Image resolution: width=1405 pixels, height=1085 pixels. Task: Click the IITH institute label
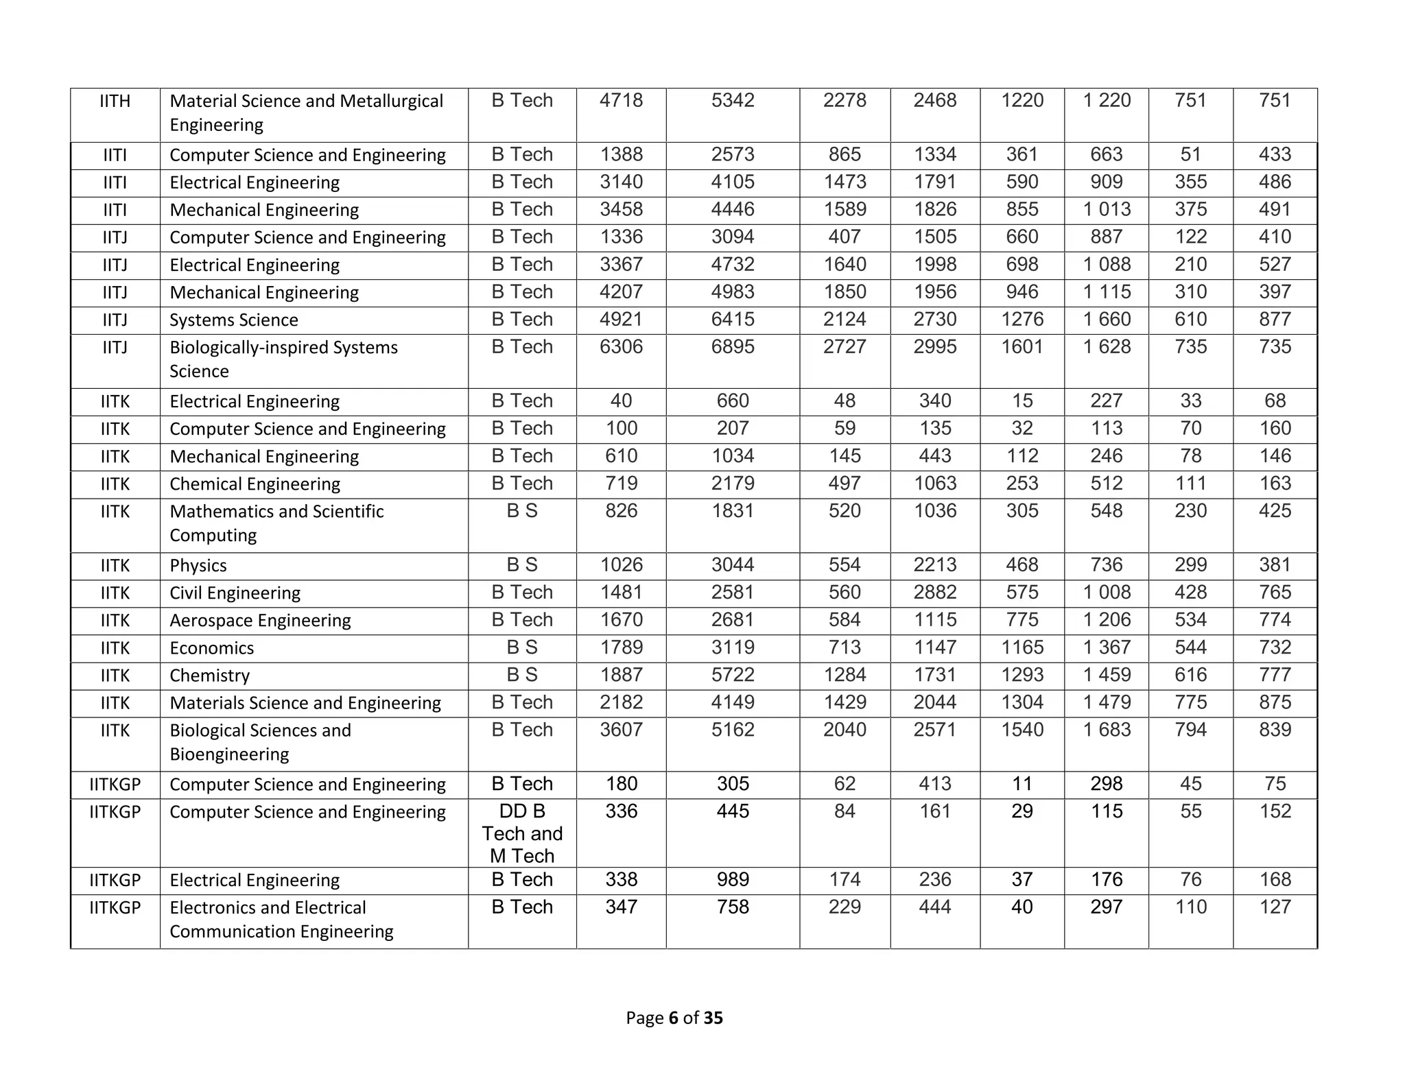tap(115, 102)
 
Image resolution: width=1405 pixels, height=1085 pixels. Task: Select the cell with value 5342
tap(732, 101)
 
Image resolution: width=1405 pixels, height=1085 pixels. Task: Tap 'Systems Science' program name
tap(233, 320)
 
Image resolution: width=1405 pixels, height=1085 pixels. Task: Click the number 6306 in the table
tap(621, 347)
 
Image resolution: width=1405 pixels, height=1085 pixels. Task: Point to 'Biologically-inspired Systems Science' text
tap(283, 359)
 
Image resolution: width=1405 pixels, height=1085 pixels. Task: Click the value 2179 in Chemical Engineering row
tap(732, 484)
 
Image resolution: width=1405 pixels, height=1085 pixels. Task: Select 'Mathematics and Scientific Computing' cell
tap(276, 523)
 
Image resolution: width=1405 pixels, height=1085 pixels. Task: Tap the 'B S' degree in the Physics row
tap(521, 565)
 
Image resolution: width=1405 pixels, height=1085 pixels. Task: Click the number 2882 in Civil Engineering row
tap(934, 593)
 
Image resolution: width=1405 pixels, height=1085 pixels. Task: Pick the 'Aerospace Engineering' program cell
tap(260, 621)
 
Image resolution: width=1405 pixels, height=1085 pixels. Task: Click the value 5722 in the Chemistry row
tap(732, 675)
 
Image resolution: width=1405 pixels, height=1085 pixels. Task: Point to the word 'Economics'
tap(211, 648)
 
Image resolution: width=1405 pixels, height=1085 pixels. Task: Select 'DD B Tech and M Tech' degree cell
tap(521, 833)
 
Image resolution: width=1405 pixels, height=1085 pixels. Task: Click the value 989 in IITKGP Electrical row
tap(732, 880)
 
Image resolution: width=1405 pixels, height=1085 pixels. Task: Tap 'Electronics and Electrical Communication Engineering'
tap(281, 920)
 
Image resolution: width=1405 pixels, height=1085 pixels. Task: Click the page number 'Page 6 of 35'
tap(674, 1018)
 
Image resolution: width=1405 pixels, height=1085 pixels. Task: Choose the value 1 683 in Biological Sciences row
tap(1106, 730)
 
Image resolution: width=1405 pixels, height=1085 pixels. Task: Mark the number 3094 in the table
tap(732, 237)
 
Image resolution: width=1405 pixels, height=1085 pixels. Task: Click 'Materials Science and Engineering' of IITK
tap(305, 703)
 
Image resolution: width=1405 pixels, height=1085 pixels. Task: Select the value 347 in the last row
tap(621, 907)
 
